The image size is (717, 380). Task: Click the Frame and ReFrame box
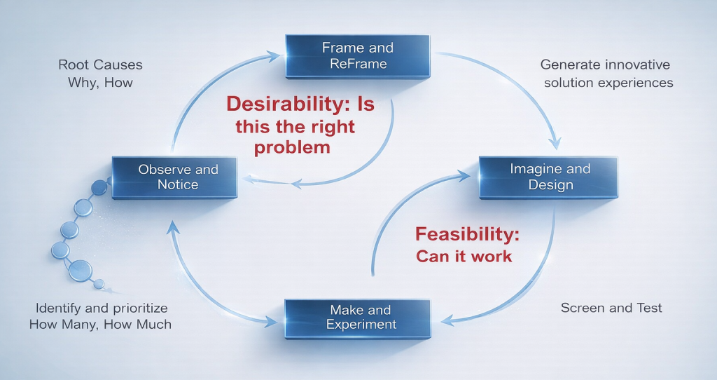(357, 56)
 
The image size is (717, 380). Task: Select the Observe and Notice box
(178, 177)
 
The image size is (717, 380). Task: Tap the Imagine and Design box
(549, 177)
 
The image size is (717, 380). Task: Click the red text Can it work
(464, 257)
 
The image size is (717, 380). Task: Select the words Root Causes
(100, 65)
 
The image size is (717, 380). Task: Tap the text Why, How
(100, 83)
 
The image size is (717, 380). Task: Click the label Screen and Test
(611, 308)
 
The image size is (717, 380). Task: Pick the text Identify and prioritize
(102, 308)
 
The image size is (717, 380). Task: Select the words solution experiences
(606, 83)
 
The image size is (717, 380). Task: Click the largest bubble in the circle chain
(81, 270)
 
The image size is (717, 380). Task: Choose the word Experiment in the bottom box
(361, 325)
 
